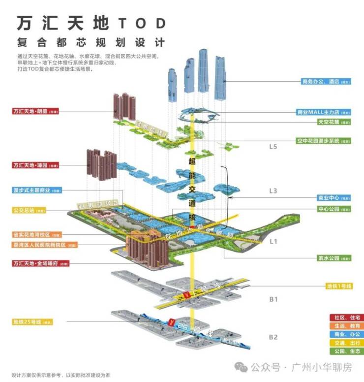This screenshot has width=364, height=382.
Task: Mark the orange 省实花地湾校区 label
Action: (x=37, y=234)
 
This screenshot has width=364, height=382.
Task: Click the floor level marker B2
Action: (x=273, y=337)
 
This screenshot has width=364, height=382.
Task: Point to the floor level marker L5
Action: (x=273, y=147)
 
